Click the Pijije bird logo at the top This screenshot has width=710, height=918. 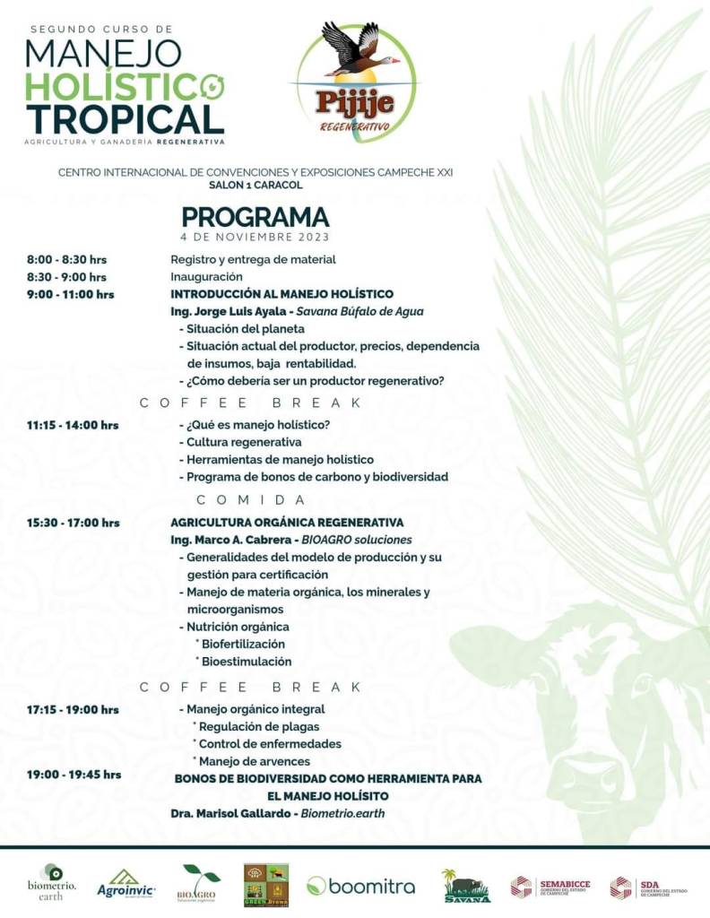click(x=356, y=78)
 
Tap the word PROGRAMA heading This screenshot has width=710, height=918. click(x=255, y=217)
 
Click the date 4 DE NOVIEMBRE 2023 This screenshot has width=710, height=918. click(x=255, y=238)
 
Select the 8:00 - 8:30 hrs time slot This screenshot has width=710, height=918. click(x=66, y=260)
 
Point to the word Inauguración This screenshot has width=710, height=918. click(x=207, y=277)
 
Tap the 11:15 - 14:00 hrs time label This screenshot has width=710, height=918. click(x=72, y=425)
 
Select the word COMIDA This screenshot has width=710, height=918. click(x=252, y=499)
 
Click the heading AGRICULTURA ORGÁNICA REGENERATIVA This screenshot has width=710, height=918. click(x=287, y=522)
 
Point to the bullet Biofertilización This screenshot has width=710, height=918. click(x=243, y=644)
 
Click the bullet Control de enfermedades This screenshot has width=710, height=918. click(x=269, y=744)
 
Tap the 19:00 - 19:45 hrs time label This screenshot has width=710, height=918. click(x=74, y=775)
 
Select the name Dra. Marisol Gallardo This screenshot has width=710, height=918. click(x=230, y=813)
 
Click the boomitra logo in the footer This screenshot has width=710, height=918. click(x=360, y=886)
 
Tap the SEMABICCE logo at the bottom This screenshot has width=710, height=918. click(x=550, y=887)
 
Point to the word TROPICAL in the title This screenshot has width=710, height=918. click(x=126, y=119)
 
